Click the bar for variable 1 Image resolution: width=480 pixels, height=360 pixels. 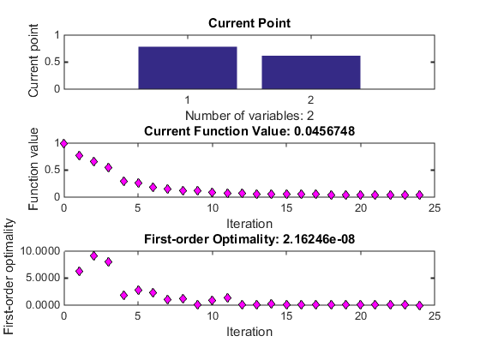click(188, 68)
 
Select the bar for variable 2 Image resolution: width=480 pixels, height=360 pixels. click(311, 72)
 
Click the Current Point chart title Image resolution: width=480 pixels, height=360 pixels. click(249, 23)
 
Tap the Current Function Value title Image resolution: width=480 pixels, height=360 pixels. click(249, 131)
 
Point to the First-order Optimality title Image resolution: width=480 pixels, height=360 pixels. click(249, 239)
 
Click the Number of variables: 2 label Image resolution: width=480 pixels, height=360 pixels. click(249, 116)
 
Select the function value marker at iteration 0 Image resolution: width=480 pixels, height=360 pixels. click(63, 143)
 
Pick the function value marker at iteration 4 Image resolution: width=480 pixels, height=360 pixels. click(123, 181)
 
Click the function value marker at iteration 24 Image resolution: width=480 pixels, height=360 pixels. click(420, 195)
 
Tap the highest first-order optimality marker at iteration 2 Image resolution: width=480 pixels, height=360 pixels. click(94, 256)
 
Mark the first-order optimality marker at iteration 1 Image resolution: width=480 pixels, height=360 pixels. click(79, 271)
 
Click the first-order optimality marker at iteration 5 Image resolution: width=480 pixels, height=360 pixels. click(138, 291)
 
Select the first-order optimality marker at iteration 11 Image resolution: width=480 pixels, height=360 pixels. click(227, 297)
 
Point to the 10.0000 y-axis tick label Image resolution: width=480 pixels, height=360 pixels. click(40, 251)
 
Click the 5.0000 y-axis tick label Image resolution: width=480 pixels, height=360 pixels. click(43, 278)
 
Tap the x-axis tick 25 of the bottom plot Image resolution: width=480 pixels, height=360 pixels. click(435, 315)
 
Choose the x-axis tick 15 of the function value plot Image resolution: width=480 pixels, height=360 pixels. click(286, 207)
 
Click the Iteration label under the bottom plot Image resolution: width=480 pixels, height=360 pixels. click(249, 332)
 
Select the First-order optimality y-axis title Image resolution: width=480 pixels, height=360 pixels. click(9, 276)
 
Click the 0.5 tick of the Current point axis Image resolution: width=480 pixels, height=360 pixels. click(52, 62)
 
